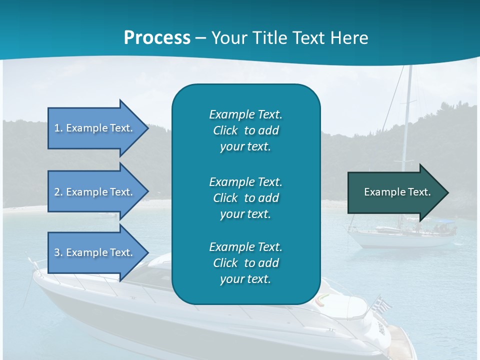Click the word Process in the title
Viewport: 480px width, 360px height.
[157, 38]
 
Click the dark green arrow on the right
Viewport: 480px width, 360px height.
[395, 192]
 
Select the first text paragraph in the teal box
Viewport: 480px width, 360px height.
[245, 130]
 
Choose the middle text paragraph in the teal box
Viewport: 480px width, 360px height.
[245, 197]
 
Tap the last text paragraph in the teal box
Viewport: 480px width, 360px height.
[245, 262]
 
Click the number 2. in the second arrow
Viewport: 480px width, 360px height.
[58, 192]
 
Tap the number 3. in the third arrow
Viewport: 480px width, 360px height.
[58, 252]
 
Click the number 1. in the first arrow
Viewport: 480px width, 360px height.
[58, 128]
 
